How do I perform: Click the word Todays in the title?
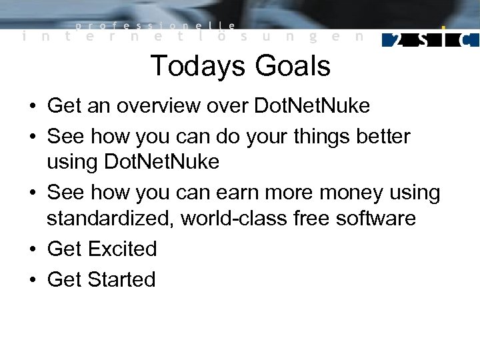(195, 66)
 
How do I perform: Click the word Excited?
(123, 249)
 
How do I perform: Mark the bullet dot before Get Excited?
(32, 249)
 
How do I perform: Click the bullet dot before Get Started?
(32, 279)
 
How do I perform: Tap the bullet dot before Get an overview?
(32, 106)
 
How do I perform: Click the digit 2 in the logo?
(397, 40)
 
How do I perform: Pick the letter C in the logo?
(468, 40)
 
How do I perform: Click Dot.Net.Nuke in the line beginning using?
(162, 162)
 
